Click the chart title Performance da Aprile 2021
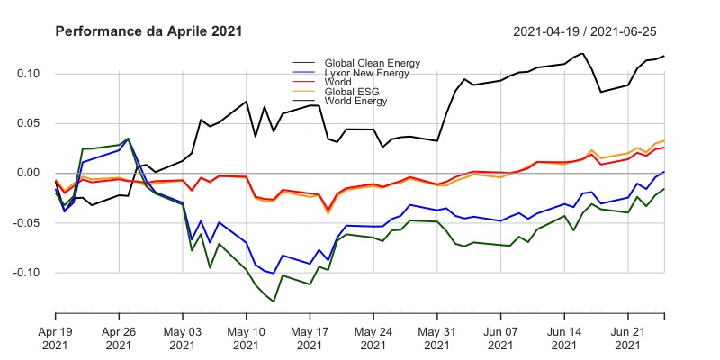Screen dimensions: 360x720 [148, 31]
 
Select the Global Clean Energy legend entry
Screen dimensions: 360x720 [370, 62]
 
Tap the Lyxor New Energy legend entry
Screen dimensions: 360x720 [367, 72]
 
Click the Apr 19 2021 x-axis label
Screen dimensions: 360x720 [56, 337]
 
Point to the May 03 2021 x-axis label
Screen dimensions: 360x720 [183, 337]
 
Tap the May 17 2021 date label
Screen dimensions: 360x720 [310, 337]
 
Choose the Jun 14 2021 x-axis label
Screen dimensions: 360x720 [564, 337]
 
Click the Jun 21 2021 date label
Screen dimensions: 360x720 [628, 337]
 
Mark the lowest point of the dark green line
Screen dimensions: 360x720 [274, 301]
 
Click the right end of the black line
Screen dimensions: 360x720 [664, 56]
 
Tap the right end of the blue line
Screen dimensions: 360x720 [664, 171]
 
